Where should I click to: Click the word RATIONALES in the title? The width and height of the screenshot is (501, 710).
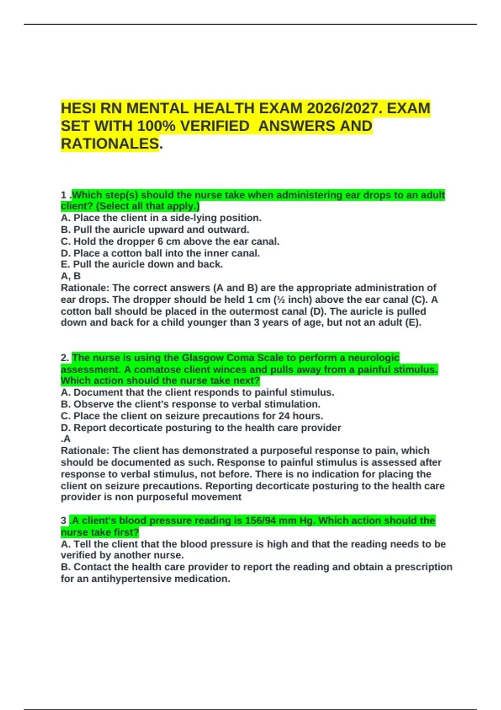pos(110,144)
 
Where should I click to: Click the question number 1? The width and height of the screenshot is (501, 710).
pos(63,195)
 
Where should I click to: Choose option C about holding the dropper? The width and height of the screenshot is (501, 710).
pos(170,241)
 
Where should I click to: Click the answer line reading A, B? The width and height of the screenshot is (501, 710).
pos(71,276)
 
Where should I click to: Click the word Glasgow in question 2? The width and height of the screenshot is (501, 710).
pos(197,358)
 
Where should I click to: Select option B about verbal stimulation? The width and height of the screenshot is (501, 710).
pos(190,404)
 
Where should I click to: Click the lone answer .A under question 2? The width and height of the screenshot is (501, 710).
pos(66,439)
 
